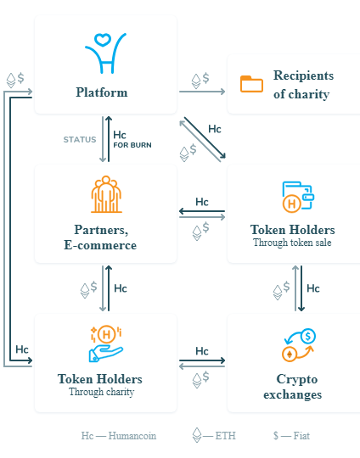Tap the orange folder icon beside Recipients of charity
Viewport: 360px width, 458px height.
click(x=251, y=84)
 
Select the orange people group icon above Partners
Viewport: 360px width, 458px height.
click(x=106, y=194)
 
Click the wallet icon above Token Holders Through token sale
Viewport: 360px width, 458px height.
click(x=298, y=197)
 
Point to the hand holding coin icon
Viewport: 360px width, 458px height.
click(x=106, y=344)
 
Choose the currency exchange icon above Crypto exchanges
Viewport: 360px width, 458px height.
click(x=299, y=345)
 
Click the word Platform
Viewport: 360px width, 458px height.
click(x=102, y=92)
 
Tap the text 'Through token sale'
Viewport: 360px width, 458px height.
click(x=292, y=243)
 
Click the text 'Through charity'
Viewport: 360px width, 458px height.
click(x=102, y=392)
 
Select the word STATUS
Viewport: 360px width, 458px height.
click(x=80, y=140)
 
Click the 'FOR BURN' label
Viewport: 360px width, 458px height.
click(x=132, y=145)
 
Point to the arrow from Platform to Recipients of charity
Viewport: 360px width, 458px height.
click(x=202, y=92)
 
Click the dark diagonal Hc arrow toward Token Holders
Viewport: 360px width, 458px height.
click(x=205, y=138)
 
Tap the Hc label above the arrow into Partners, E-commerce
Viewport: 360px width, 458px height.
click(x=202, y=202)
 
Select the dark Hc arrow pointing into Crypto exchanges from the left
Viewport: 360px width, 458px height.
click(x=202, y=360)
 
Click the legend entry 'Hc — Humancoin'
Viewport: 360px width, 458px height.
click(x=119, y=436)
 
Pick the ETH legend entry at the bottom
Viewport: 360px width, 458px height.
click(x=214, y=435)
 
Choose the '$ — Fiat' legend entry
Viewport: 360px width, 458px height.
click(x=291, y=436)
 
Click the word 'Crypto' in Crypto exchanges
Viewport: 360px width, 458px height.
click(x=297, y=379)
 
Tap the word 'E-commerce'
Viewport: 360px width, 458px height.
click(x=100, y=245)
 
